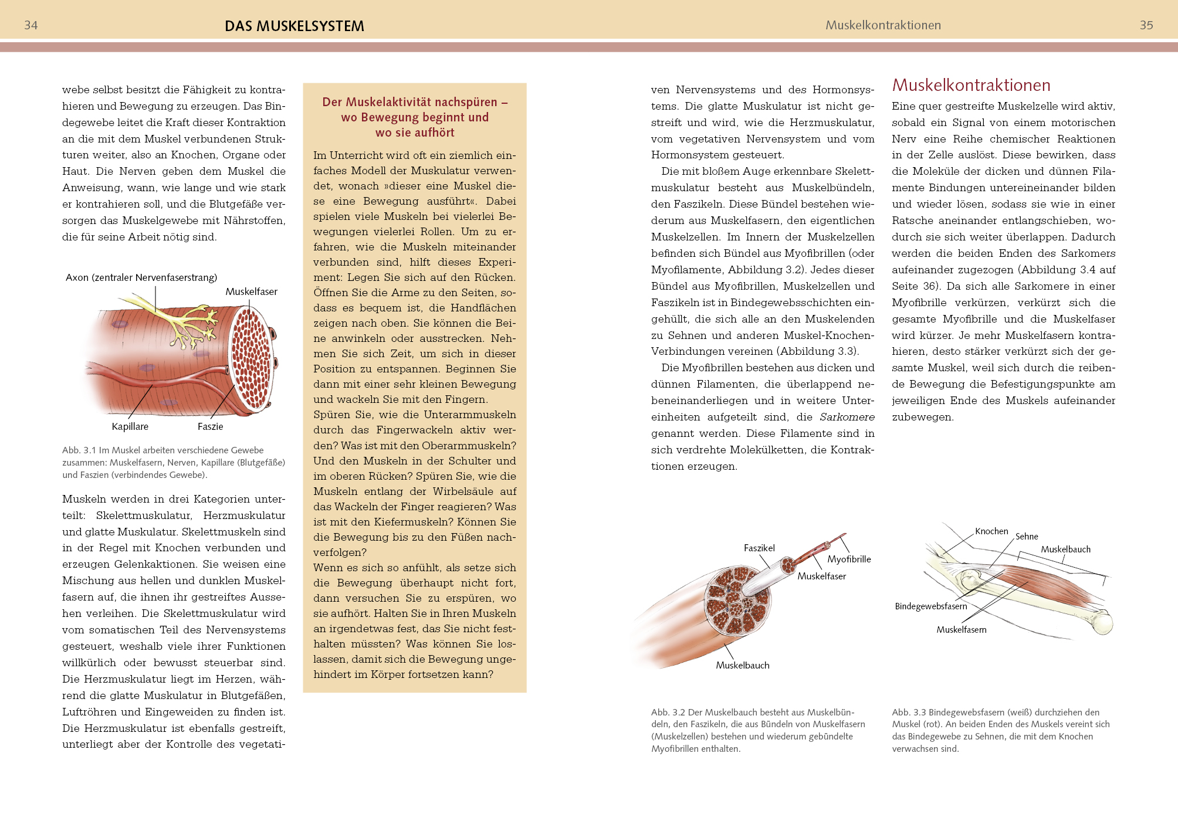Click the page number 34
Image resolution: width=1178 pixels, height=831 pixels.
tap(31, 25)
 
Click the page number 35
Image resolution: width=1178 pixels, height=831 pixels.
tap(1146, 25)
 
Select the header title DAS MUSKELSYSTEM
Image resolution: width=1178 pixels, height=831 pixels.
tap(294, 26)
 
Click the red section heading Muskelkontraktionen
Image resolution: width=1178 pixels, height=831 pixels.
tap(971, 86)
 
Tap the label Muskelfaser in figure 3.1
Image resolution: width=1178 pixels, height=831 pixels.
tap(251, 291)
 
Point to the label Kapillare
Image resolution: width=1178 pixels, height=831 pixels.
tap(130, 426)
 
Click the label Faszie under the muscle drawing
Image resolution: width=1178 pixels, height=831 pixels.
tap(210, 426)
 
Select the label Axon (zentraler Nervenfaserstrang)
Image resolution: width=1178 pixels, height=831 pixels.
tap(141, 277)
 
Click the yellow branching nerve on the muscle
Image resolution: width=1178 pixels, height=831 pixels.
tap(188, 323)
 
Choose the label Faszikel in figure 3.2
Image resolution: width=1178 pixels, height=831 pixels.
tap(759, 548)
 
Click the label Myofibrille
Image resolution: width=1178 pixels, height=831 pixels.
tap(849, 559)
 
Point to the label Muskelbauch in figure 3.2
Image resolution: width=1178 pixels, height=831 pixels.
tap(742, 665)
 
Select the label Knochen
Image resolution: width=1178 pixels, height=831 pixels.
tap(991, 531)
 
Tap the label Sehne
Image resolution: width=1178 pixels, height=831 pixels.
tap(1027, 537)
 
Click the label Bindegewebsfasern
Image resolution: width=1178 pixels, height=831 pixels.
tap(930, 606)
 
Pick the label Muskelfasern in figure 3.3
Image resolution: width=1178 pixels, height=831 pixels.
tap(961, 630)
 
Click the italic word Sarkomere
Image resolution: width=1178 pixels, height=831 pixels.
tap(847, 417)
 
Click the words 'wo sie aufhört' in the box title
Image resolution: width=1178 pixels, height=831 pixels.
tap(415, 133)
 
